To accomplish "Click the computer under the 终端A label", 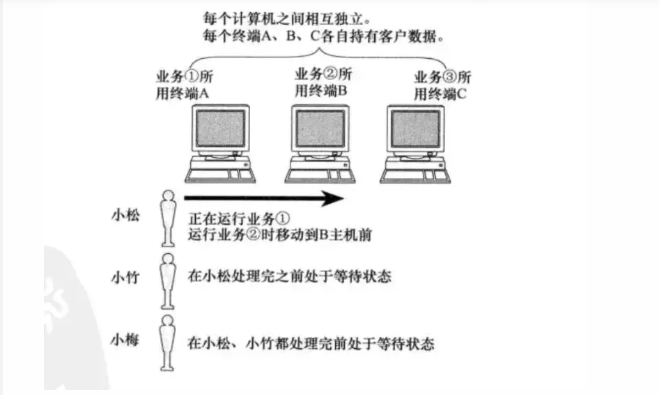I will pyautogui.click(x=220, y=144).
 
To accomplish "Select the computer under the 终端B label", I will pyautogui.click(x=319, y=144).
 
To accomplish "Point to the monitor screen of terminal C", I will pyautogui.click(x=416, y=129).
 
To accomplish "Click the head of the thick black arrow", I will pyautogui.click(x=333, y=198).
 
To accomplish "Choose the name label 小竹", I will pyautogui.click(x=125, y=277).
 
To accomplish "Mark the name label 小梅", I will pyautogui.click(x=125, y=340).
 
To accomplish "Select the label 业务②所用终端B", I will pyautogui.click(x=323, y=82).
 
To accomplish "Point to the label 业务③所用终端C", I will pyautogui.click(x=442, y=85).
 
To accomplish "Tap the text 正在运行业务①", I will pyautogui.click(x=235, y=218).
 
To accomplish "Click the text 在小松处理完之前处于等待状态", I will pyautogui.click(x=289, y=276).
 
